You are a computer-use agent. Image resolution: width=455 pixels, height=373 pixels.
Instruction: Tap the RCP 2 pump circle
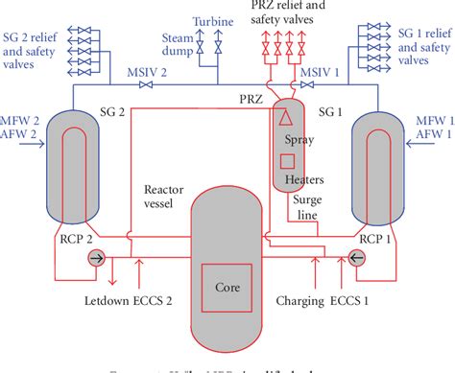pyautogui.click(x=98, y=257)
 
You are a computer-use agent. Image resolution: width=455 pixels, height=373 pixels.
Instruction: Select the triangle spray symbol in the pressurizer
pyautogui.click(x=285, y=120)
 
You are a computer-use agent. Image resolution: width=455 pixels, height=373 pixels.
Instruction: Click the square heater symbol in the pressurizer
pyautogui.click(x=286, y=161)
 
